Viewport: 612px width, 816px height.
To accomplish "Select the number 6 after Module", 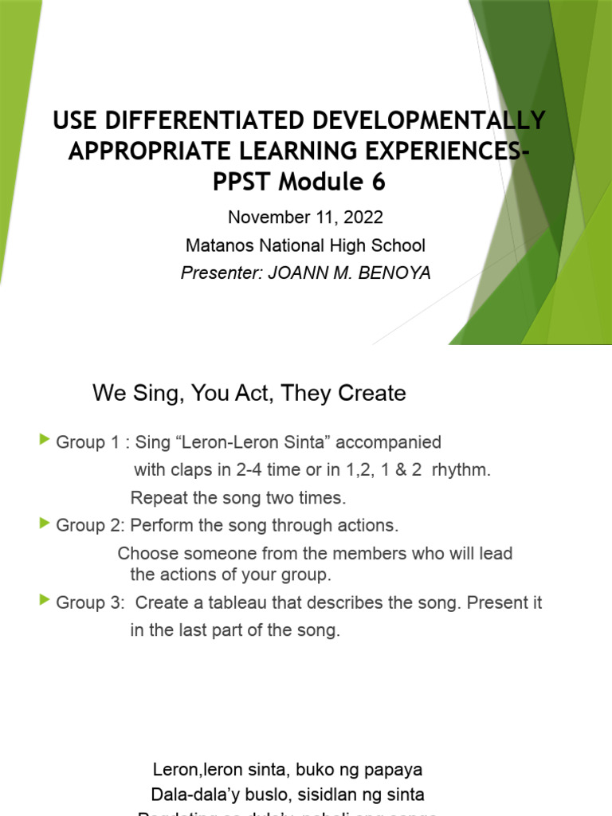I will point(377,182).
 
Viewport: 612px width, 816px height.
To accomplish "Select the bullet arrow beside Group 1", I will point(44,440).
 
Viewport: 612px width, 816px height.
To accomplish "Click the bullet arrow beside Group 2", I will point(44,524).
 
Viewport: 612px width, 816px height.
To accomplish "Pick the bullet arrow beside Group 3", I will point(44,601).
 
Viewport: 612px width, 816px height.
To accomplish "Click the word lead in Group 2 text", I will point(496,553).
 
